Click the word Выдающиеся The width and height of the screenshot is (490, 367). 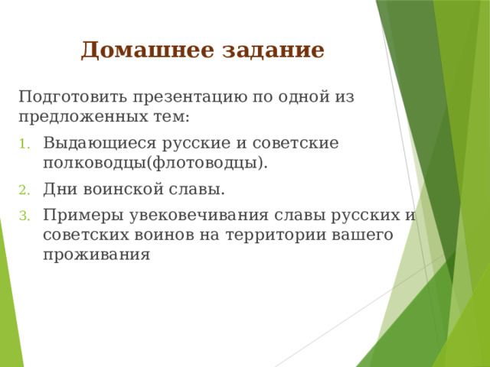93,143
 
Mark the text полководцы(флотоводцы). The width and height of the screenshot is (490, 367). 155,163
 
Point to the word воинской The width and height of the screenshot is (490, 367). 120,189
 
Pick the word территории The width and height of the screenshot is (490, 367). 263,235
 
